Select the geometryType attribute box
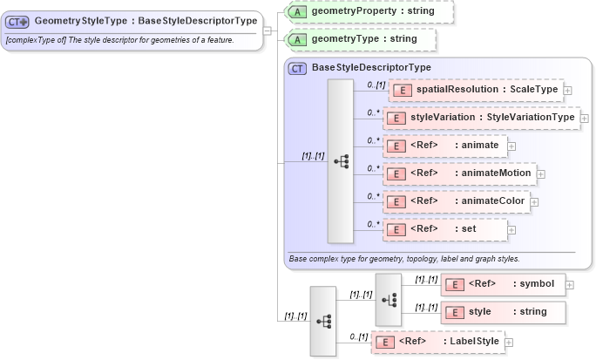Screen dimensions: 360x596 click(x=361, y=39)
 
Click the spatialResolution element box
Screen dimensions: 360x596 click(x=474, y=90)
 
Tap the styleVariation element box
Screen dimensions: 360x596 click(x=481, y=117)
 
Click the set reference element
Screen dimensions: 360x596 click(x=445, y=229)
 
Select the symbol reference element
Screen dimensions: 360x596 click(x=503, y=283)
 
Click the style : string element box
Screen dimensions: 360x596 click(x=503, y=311)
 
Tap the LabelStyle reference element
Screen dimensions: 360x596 click(x=438, y=342)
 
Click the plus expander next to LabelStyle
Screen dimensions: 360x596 click(x=509, y=342)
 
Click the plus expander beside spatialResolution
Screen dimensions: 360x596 click(x=568, y=90)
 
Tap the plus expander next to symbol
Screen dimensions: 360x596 click(x=570, y=283)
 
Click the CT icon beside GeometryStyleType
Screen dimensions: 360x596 click(x=18, y=21)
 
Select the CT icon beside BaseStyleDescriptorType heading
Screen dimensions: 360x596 click(x=297, y=67)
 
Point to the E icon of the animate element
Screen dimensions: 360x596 click(x=396, y=146)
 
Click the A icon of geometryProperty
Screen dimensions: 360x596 click(x=297, y=11)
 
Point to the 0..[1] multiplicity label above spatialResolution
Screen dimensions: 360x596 click(x=376, y=84)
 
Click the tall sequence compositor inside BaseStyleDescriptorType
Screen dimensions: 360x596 click(x=340, y=160)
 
